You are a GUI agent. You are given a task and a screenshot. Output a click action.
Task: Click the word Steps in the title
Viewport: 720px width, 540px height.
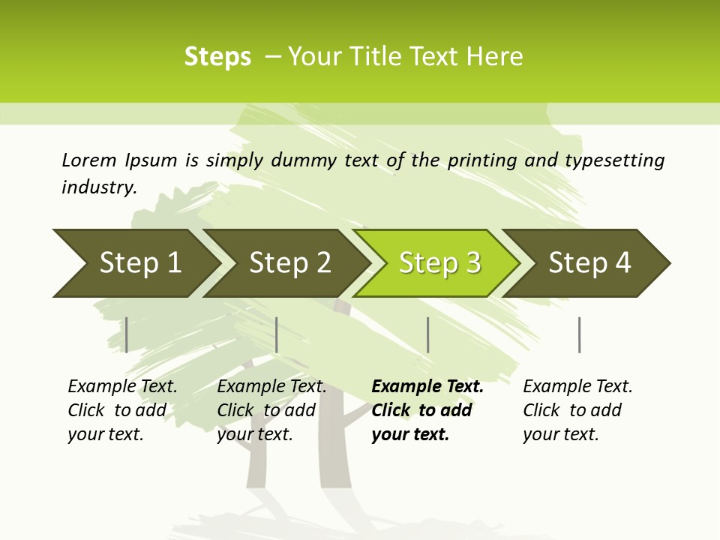(217, 57)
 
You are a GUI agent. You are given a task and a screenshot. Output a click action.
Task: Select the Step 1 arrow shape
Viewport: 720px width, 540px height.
(135, 263)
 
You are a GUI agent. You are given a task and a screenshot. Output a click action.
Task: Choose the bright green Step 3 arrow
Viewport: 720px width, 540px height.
(439, 263)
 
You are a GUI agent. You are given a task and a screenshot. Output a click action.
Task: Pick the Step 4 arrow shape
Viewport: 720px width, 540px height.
(589, 263)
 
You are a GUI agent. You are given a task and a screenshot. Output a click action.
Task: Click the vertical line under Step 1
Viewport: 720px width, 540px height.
(127, 334)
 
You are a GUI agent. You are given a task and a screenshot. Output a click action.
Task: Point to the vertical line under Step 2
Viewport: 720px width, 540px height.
(277, 334)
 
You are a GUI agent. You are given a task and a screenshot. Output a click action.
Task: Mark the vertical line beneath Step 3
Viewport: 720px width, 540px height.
(427, 334)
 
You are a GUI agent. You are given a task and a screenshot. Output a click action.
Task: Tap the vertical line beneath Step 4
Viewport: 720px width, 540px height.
(579, 334)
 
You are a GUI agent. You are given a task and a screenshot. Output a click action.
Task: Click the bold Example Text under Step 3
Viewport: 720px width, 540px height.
(427, 410)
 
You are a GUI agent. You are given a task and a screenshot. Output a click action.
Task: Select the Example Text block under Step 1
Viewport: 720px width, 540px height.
(122, 410)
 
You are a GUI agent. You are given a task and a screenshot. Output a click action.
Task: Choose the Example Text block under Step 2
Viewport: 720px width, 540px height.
(271, 410)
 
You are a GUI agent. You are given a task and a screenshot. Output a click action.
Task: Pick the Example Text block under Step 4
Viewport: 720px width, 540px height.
(577, 410)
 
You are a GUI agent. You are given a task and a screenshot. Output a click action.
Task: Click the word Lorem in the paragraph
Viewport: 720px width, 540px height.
(89, 160)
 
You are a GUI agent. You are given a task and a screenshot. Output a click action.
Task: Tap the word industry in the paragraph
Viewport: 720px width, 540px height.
(99, 187)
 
